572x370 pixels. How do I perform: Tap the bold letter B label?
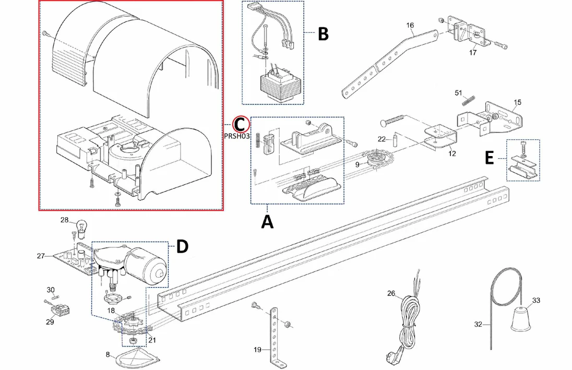tap(323, 34)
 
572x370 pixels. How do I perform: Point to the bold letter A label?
tap(267, 222)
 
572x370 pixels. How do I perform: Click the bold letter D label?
tap(182, 246)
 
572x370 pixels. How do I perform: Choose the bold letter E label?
tap(489, 158)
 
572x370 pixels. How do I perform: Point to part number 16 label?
tap(410, 26)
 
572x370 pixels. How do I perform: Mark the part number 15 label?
tap(517, 101)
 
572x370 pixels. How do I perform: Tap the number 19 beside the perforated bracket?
tap(257, 350)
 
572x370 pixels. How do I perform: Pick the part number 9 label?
tap(357, 165)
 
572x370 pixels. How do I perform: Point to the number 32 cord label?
tap(478, 324)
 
